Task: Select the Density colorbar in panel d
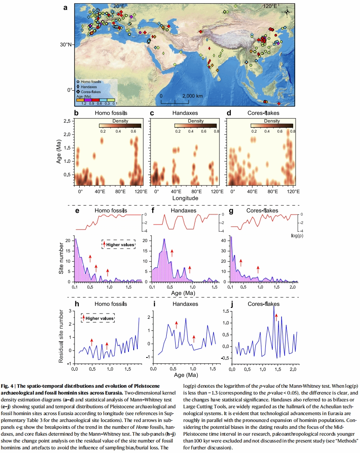[272, 126]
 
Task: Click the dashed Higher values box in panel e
[118, 244]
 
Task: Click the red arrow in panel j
[276, 317]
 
